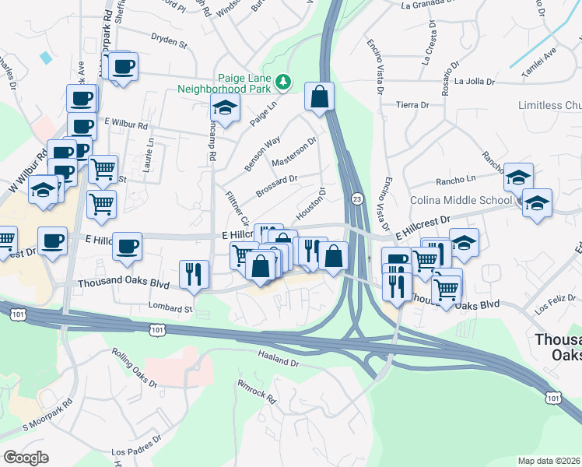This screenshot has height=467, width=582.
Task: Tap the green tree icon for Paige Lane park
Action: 285,80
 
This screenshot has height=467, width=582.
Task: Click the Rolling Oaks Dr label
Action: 133,369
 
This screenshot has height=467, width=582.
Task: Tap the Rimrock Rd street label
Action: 258,390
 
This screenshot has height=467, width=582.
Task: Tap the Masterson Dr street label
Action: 295,153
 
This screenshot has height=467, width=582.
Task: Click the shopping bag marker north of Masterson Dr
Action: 319,97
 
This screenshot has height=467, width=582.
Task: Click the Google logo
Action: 26,458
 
